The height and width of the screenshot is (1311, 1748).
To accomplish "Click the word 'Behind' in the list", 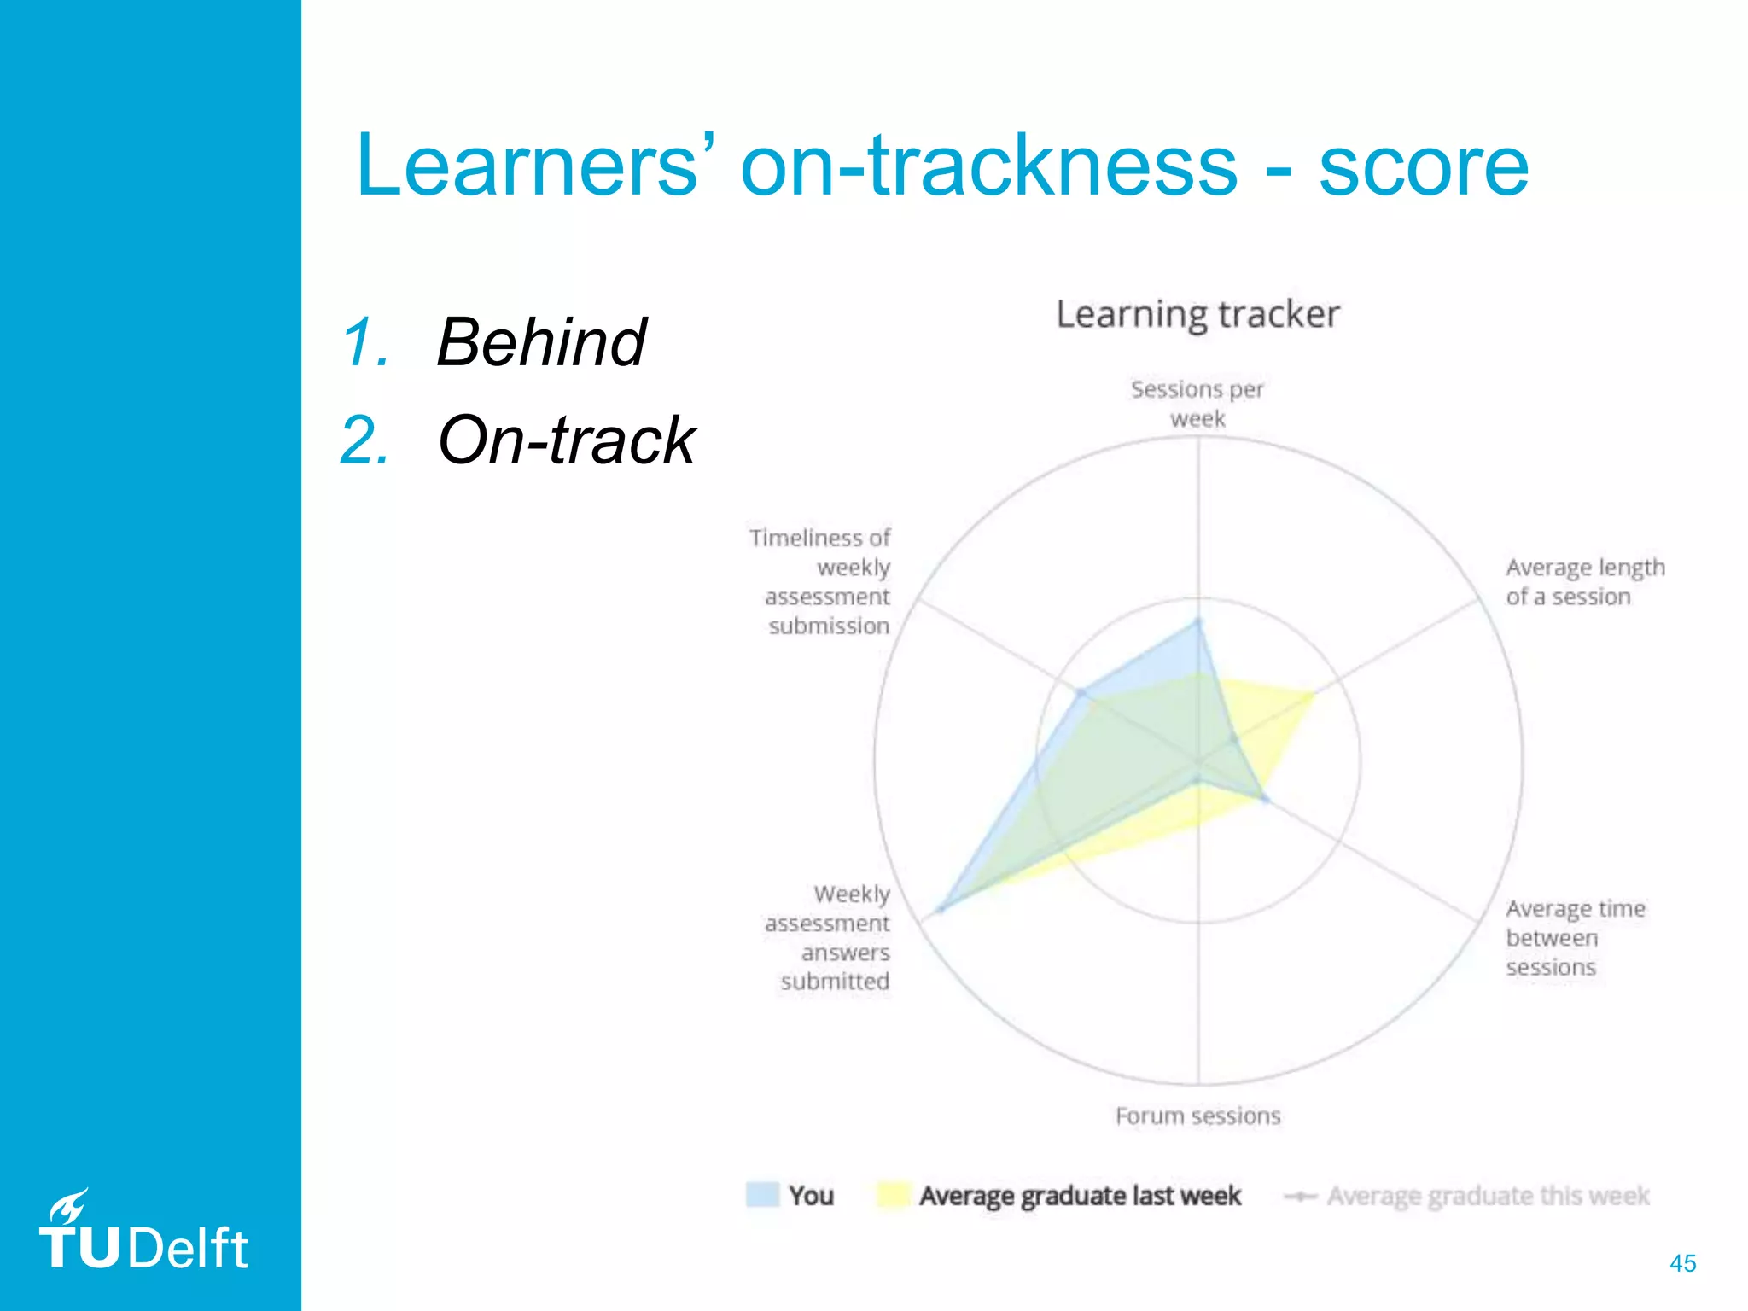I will click(541, 342).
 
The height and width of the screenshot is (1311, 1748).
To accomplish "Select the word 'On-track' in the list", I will click(566, 440).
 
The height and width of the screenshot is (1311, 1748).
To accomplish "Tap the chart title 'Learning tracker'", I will click(1197, 314).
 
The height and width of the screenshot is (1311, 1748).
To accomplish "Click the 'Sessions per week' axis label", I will click(1197, 404).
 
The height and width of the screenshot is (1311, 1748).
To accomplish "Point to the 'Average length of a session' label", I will click(1584, 582).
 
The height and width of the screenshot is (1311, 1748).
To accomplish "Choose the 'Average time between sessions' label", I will click(1575, 937).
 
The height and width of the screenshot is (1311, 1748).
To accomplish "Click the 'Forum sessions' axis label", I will click(1197, 1116).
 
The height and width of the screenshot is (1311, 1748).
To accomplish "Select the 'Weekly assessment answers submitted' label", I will click(828, 937).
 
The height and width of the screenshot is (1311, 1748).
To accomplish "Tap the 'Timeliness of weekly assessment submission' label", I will click(821, 582).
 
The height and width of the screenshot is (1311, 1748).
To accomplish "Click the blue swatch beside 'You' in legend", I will click(762, 1195).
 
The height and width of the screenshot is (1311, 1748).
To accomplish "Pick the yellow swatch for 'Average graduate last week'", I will click(893, 1195).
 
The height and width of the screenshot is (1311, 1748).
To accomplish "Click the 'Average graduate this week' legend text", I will click(1488, 1196).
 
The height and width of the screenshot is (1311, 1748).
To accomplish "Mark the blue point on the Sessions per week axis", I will click(1197, 622).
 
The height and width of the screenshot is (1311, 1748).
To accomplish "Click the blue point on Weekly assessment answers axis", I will click(941, 910).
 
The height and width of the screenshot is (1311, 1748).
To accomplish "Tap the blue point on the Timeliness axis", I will click(1081, 693).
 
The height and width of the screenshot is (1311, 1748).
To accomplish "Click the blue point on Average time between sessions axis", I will click(1265, 800).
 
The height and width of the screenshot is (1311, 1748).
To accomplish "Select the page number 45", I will click(1682, 1263).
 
